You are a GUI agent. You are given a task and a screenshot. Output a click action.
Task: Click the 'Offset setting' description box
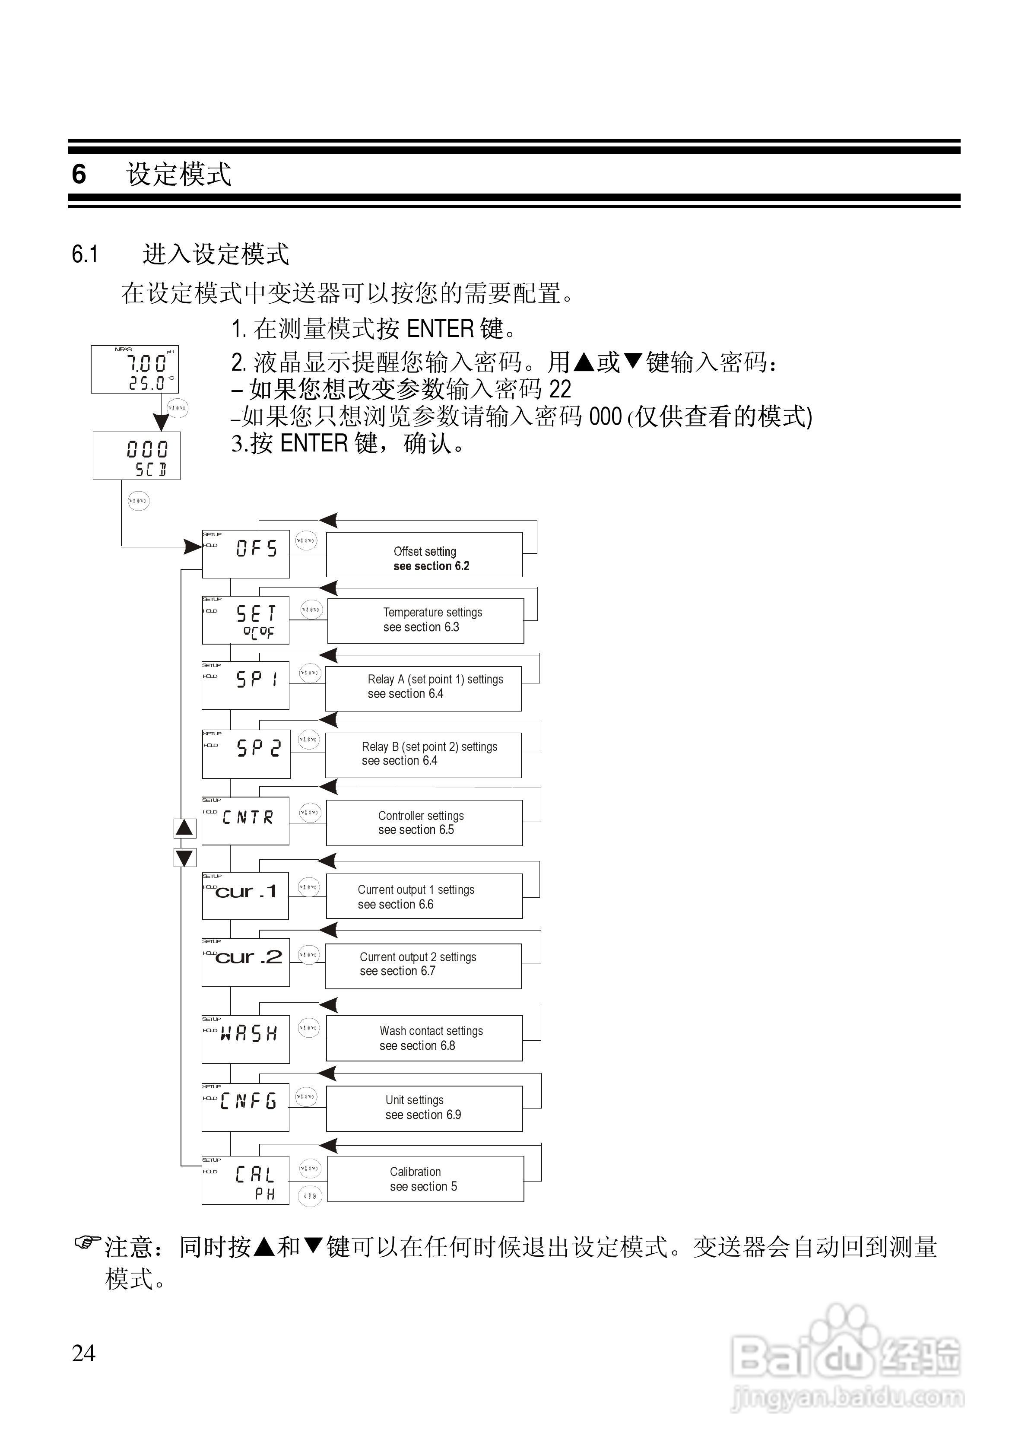pos(424,555)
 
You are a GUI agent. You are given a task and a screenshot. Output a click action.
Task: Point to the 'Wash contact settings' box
pos(424,1038)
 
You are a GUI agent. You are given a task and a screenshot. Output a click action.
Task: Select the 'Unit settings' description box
pos(424,1109)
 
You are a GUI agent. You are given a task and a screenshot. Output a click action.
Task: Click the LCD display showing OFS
pos(246,554)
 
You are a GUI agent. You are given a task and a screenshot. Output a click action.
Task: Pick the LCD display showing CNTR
pos(245,821)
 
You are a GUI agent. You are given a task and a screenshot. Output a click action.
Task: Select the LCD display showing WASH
pos(245,1039)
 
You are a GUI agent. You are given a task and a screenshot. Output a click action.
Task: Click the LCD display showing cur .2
pos(245,962)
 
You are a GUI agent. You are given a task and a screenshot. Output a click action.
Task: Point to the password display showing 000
pos(136,456)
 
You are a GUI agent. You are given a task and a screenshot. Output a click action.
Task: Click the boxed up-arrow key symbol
pos(184,828)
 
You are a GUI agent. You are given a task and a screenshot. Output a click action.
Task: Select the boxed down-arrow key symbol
pos(184,858)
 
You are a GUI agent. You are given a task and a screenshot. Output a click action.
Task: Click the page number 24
pos(84,1353)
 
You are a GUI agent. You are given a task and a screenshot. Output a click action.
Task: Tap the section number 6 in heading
pos(79,174)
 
